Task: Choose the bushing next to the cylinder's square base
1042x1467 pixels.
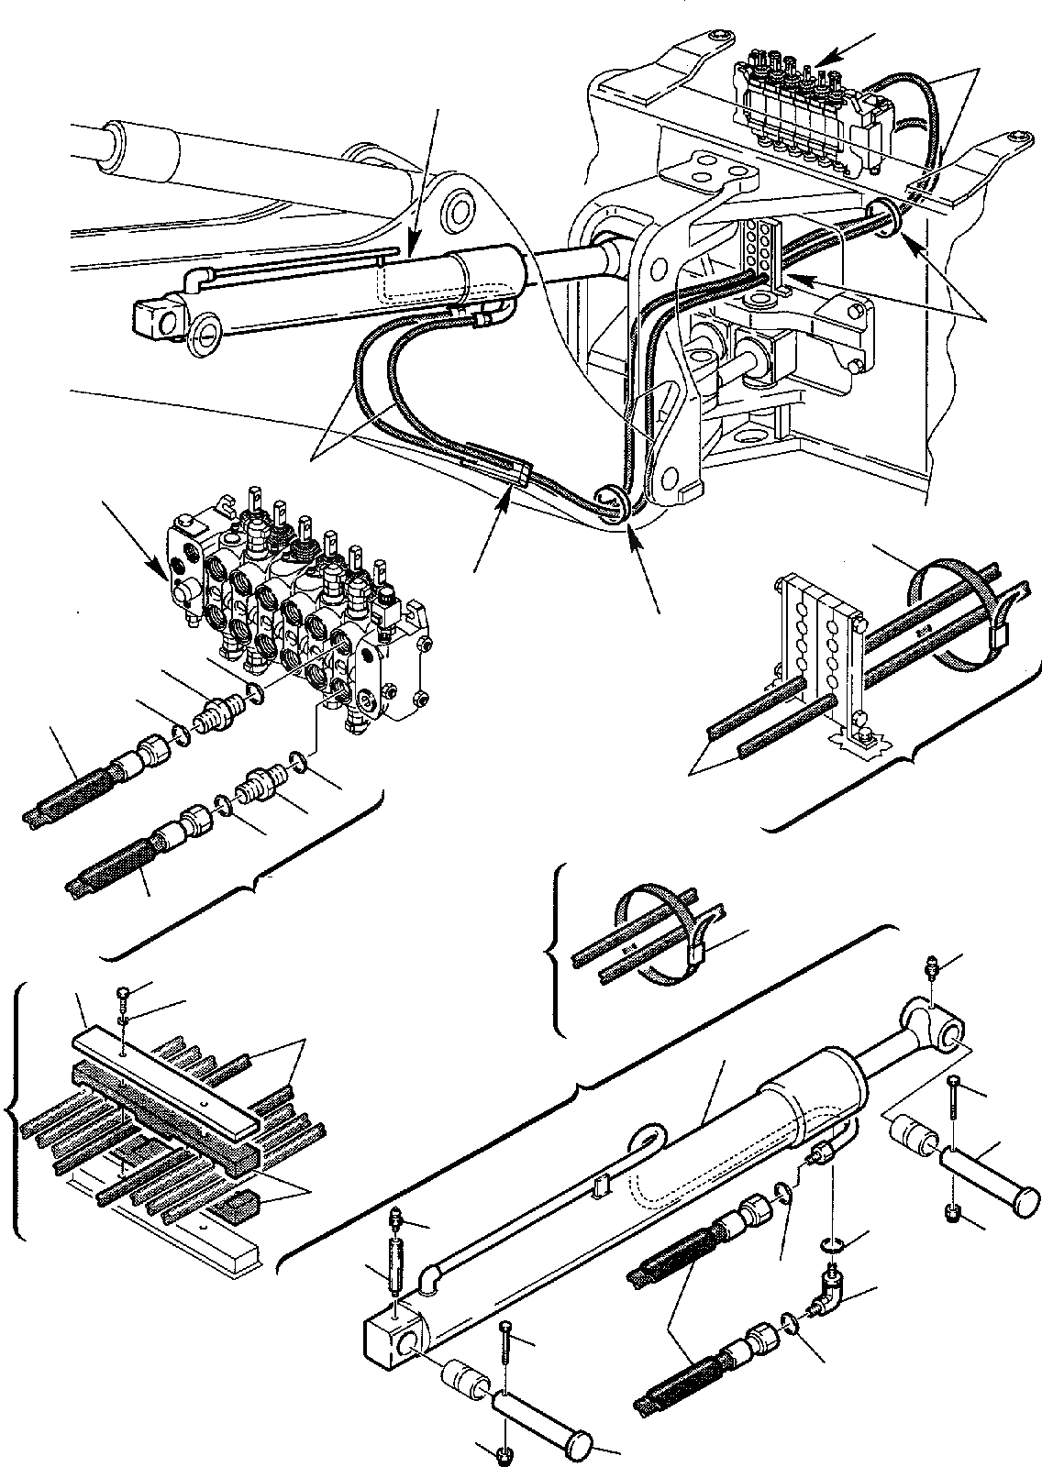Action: click(x=468, y=1374)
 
